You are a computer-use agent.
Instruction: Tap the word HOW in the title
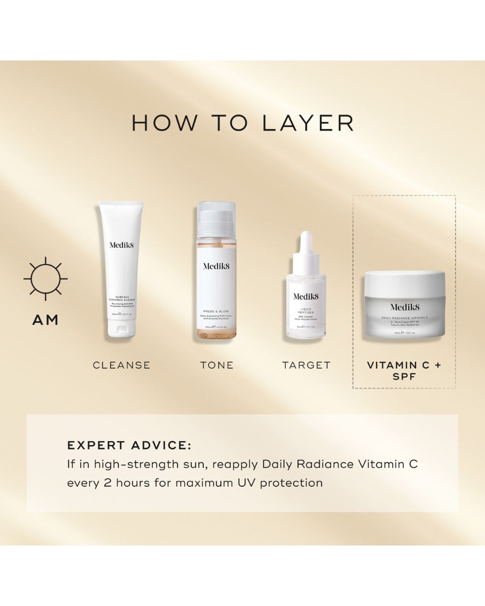point(164,124)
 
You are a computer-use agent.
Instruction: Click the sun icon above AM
point(45,279)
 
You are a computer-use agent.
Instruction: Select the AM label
point(45,320)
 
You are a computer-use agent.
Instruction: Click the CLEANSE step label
point(122,365)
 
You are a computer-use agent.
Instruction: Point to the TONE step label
point(217,365)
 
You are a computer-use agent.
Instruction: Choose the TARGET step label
point(306,365)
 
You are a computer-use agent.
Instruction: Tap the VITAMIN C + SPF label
point(404,371)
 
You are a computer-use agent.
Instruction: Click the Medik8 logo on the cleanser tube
point(122,245)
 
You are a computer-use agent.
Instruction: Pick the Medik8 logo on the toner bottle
point(217,266)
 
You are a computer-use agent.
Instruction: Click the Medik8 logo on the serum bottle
point(306,296)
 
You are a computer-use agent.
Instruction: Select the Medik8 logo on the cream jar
point(405,307)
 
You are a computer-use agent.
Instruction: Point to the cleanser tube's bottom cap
point(122,330)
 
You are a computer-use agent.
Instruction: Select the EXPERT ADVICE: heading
point(129,445)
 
